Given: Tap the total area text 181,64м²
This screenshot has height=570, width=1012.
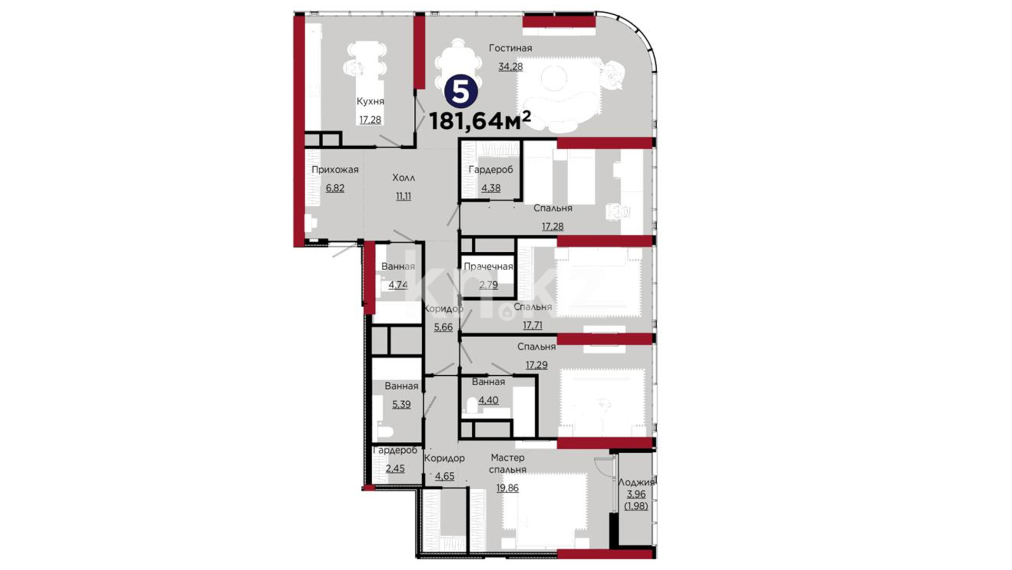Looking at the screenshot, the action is tap(480, 121).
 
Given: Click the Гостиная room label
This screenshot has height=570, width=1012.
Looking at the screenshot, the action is tap(510, 48).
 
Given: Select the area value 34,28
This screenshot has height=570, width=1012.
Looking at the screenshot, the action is tap(511, 66).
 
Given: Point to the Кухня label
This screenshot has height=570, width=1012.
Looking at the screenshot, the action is tap(370, 101).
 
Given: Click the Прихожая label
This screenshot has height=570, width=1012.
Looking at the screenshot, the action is tap(335, 170).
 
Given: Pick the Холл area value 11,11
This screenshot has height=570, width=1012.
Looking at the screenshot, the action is tap(403, 196).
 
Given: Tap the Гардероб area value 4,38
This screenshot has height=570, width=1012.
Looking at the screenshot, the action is tap(491, 188).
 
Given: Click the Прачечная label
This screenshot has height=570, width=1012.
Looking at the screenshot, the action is tap(488, 267).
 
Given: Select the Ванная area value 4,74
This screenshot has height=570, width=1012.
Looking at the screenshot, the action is tap(398, 285).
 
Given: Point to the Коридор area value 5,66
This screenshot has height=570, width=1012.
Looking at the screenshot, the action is tap(443, 327).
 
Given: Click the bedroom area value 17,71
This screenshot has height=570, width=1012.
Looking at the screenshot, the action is tap(532, 326).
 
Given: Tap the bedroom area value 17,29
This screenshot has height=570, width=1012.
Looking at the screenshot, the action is tap(537, 365).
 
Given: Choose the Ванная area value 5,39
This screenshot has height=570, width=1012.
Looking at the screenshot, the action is tap(401, 405).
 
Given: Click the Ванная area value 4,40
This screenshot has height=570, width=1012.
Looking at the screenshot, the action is tap(488, 401).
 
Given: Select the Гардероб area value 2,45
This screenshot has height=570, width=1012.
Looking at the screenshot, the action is tap(395, 469).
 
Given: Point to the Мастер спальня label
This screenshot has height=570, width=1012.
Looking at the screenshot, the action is tap(508, 463).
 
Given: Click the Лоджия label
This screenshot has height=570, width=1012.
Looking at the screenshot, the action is tap(636, 482).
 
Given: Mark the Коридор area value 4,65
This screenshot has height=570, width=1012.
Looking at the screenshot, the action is tap(444, 477).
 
